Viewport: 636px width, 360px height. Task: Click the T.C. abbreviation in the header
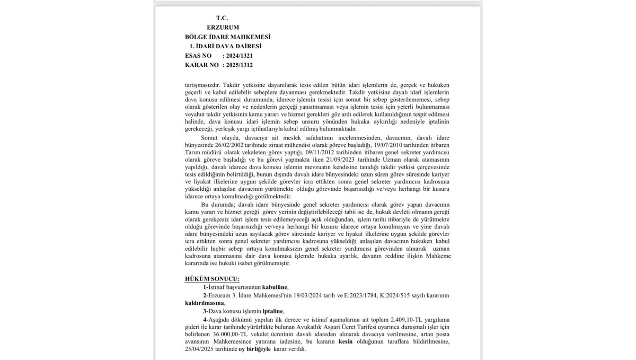222,17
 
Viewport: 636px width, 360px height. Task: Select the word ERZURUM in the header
223,27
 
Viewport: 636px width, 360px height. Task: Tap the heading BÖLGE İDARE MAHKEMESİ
228,37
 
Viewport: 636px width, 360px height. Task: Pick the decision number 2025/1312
239,65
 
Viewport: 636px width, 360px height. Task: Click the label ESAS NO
198,56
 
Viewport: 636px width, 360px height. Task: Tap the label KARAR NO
202,65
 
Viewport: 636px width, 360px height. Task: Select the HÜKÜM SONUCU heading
212,279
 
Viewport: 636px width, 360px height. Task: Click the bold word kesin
346,342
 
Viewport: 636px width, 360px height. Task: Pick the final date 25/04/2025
202,349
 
